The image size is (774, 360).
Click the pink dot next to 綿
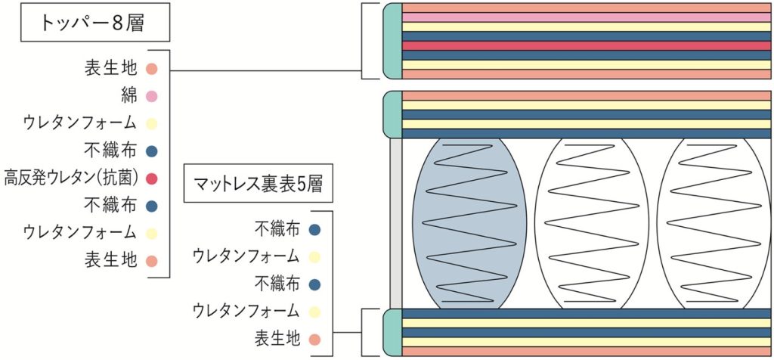[151, 96]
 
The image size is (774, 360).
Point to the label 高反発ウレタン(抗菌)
[70, 178]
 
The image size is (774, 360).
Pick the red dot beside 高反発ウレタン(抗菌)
[151, 178]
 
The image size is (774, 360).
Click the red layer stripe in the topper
[586, 45]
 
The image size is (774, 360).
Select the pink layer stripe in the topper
[586, 17]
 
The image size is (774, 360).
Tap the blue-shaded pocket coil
[470, 224]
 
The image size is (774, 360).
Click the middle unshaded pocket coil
[590, 224]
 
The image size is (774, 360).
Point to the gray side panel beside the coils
[395, 223]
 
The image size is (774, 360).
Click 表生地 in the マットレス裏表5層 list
[278, 338]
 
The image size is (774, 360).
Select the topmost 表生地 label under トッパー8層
[110, 69]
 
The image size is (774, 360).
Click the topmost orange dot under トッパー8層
[151, 69]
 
